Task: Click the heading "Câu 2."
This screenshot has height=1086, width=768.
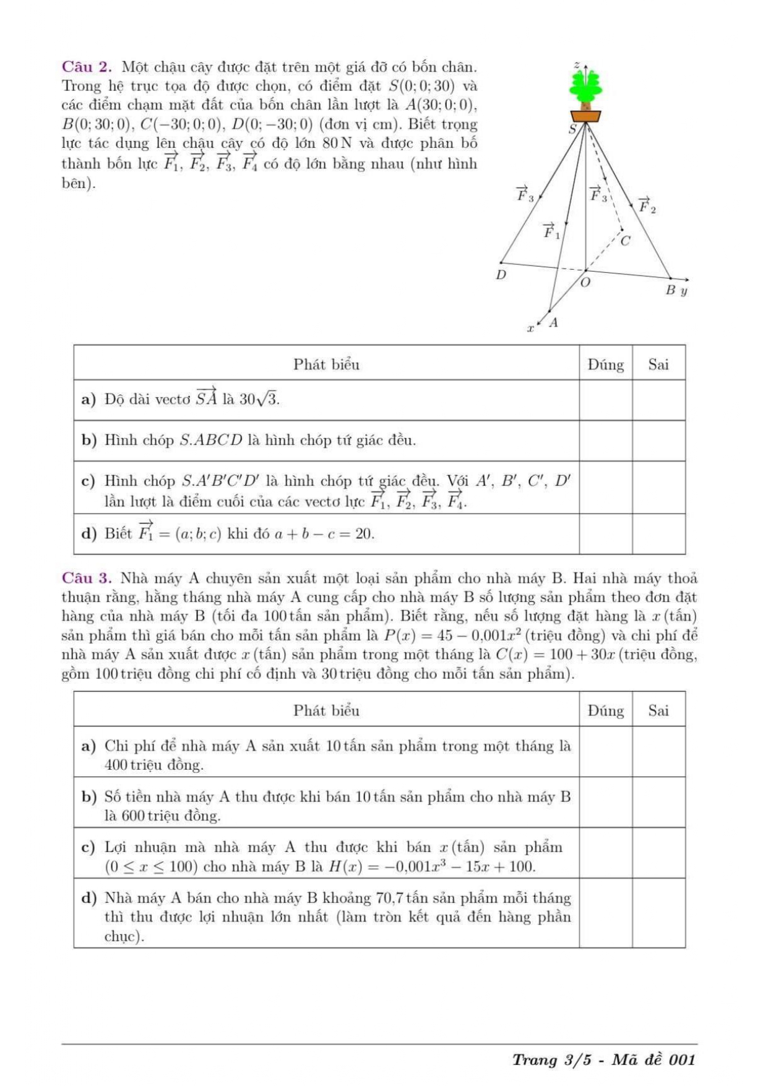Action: point(87,67)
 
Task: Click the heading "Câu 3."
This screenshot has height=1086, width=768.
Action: point(87,579)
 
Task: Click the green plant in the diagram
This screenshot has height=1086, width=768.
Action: point(585,87)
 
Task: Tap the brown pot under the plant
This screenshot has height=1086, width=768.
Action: point(585,116)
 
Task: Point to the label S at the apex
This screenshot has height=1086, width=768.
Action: point(572,129)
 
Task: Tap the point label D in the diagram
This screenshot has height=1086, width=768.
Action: point(501,275)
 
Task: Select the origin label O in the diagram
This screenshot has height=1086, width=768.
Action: point(585,283)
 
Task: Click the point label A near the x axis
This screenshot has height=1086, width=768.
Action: point(553,322)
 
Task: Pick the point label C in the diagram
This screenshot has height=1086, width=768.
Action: point(626,240)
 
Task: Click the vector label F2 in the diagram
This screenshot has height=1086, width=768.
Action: point(647,205)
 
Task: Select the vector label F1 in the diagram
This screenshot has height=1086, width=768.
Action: point(551,231)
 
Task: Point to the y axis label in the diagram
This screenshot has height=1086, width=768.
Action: point(684,291)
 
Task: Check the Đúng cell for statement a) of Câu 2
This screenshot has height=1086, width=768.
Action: point(605,400)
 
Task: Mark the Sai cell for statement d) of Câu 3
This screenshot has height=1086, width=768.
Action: point(658,913)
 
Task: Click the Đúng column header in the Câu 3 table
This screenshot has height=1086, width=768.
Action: point(605,710)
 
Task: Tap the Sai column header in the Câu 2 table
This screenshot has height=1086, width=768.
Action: point(658,364)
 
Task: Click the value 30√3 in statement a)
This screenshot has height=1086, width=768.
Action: point(259,400)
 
